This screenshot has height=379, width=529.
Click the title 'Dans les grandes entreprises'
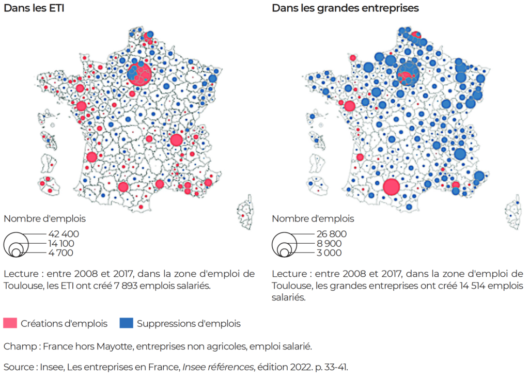click(345, 8)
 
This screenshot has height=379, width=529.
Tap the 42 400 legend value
click(64, 234)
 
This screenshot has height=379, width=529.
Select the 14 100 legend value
click(61, 243)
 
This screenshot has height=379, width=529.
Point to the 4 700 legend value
click(61, 252)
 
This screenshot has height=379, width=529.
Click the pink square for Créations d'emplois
click(10, 324)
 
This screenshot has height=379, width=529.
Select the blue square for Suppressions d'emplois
click(126, 324)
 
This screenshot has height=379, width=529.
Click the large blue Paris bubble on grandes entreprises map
click(408, 72)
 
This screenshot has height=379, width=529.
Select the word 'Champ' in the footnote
click(17, 346)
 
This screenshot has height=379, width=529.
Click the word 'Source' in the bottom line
click(17, 368)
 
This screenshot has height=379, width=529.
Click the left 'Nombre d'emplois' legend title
click(44, 218)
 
